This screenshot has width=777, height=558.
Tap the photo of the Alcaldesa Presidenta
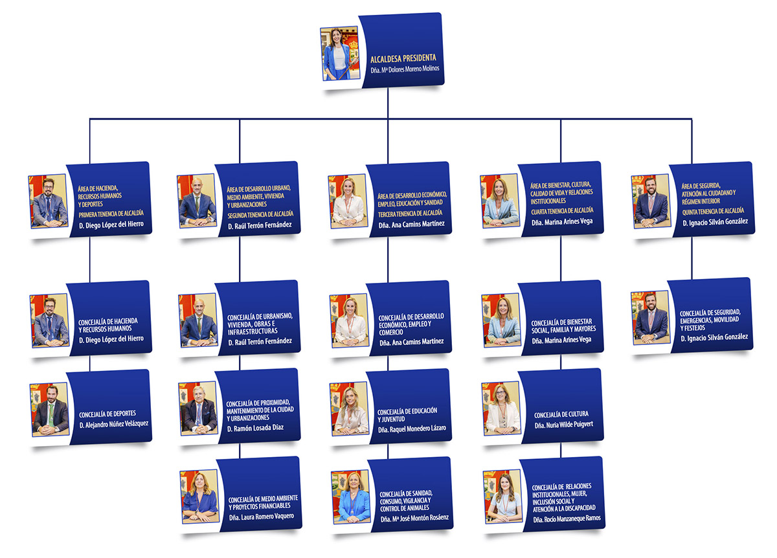(340, 54)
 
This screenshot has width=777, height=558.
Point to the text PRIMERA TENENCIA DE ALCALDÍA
(111, 213)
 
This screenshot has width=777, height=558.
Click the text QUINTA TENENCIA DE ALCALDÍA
(713, 210)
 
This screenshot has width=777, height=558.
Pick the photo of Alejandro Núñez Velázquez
(50, 409)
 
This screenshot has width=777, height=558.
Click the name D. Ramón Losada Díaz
(255, 429)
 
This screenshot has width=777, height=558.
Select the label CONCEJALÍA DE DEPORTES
(107, 414)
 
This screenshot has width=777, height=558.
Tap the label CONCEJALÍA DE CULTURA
(561, 414)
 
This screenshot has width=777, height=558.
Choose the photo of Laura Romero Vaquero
(200, 496)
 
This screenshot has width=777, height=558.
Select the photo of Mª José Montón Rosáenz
(351, 497)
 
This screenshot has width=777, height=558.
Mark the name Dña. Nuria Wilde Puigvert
(564, 425)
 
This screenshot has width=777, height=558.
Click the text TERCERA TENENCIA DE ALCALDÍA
(410, 213)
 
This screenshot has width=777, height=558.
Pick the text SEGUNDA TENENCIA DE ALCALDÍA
(260, 213)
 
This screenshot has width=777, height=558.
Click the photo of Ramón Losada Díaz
(199, 408)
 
